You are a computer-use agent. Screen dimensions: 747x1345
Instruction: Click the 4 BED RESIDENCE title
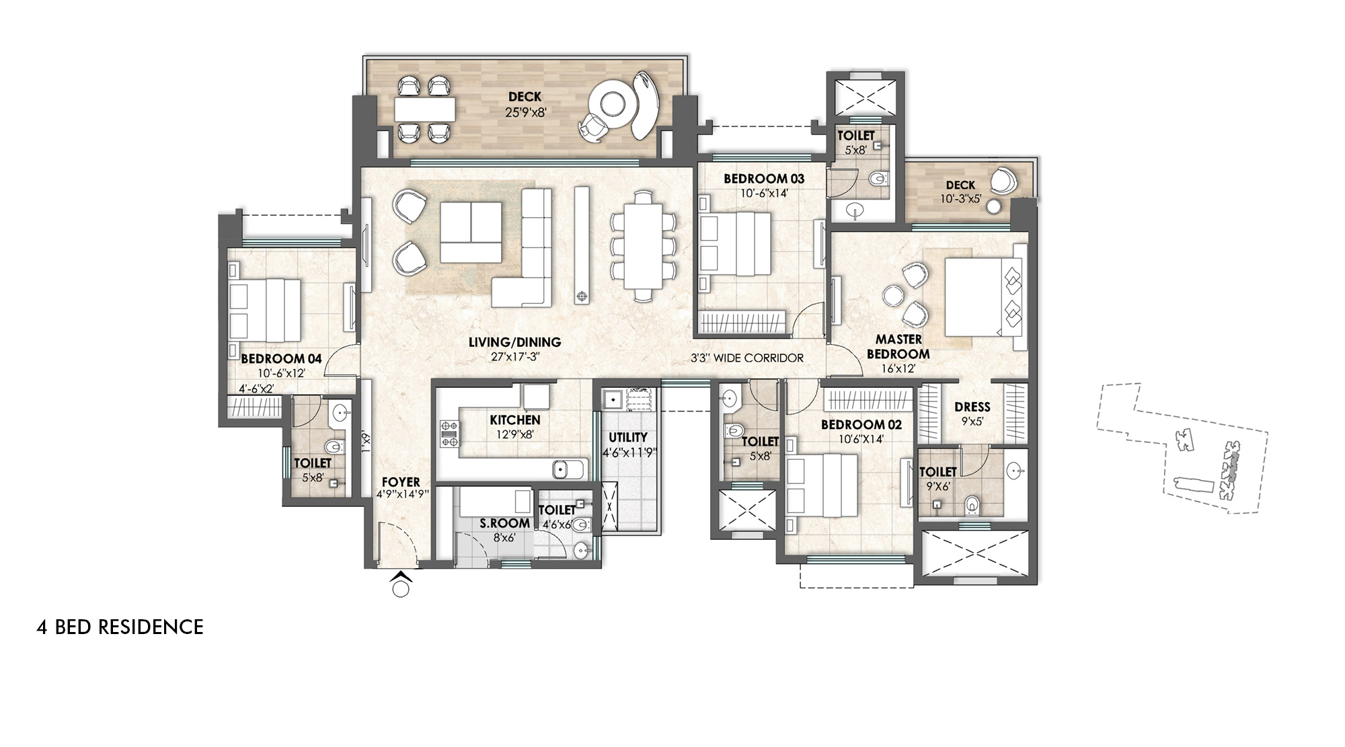tap(120, 627)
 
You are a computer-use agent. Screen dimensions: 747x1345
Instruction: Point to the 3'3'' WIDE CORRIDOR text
tap(746, 358)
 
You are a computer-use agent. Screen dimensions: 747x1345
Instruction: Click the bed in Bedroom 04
tap(264, 310)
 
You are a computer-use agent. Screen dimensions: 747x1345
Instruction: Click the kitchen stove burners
tap(449, 434)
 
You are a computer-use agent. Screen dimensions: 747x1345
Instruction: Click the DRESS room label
tap(972, 407)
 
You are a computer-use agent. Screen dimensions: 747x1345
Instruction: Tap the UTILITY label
tap(627, 437)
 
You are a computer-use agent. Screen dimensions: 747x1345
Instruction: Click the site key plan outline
tap(1184, 450)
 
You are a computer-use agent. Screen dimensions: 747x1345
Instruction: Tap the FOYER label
tap(401, 482)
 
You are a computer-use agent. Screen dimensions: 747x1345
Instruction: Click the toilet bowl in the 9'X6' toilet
tap(972, 504)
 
